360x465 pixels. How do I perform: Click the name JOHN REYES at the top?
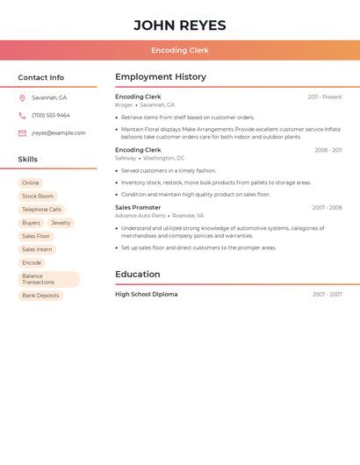[x=180, y=25]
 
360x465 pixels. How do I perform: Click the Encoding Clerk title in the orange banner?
[x=180, y=51]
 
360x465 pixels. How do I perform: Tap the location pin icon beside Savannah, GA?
[x=22, y=98]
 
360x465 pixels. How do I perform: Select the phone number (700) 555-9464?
[x=51, y=116]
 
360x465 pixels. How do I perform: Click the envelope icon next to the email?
[x=22, y=133]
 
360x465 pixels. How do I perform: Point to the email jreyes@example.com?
[x=59, y=133]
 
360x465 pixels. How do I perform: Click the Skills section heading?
[x=28, y=160]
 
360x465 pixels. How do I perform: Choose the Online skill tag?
[x=31, y=183]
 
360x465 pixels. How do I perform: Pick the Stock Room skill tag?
[x=38, y=197]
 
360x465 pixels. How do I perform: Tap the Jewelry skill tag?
[x=61, y=223]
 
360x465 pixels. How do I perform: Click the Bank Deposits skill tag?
[x=40, y=296]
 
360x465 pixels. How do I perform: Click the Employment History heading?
[x=161, y=77]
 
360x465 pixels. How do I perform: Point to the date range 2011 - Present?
[x=325, y=97]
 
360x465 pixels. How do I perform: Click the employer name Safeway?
[x=126, y=158]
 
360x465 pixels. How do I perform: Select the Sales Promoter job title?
[x=138, y=208]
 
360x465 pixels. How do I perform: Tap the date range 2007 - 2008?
[x=327, y=208]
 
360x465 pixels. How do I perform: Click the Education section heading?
[x=138, y=275]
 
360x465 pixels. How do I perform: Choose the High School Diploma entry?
[x=147, y=295]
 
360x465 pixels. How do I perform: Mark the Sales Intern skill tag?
[x=37, y=249]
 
